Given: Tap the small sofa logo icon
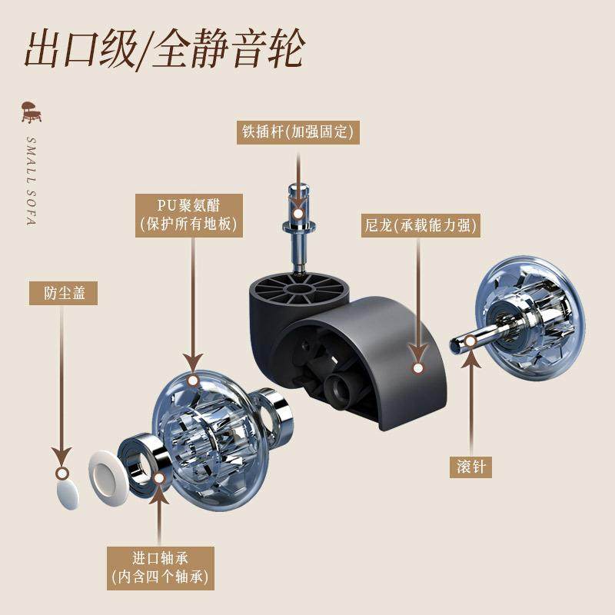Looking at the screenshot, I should pos(32,113).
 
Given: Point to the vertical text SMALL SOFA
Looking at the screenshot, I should pos(32,181).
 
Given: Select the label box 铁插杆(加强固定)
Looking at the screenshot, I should pos(298,133).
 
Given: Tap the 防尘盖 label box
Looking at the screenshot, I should pos(64,293).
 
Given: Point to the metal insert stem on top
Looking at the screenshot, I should pos(298,223).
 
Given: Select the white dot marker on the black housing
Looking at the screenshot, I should pos(418,368).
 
